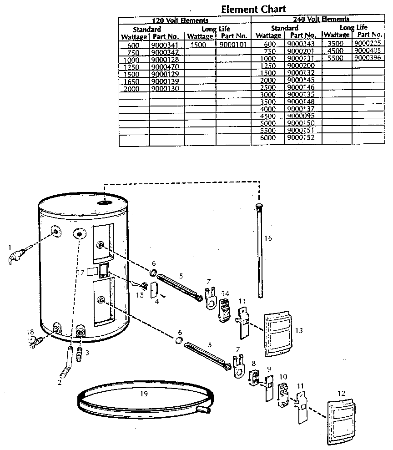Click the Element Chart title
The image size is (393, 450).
[x=253, y=9]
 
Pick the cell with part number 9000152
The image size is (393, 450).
[x=302, y=137]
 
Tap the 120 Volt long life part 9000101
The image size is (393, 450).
[x=232, y=45]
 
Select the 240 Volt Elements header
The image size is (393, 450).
[x=321, y=19]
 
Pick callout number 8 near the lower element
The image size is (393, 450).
[x=254, y=363]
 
